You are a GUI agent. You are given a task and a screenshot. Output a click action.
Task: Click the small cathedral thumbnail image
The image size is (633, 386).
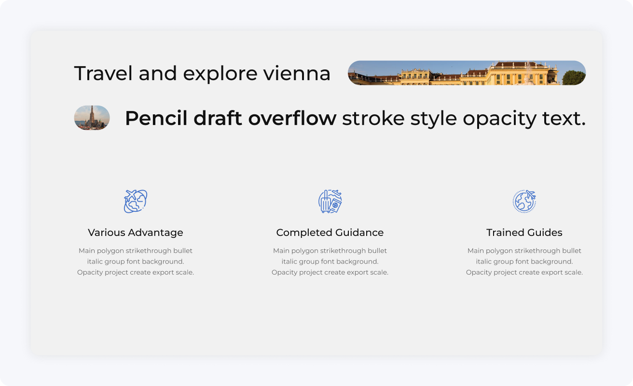point(92,118)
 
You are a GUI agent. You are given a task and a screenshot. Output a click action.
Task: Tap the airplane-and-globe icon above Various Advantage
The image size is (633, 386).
point(136,201)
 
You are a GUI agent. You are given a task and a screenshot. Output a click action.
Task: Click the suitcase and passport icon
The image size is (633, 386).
point(330,201)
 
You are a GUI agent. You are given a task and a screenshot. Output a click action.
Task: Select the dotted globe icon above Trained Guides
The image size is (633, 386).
point(524,201)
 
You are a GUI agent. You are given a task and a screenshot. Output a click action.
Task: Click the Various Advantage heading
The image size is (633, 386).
point(136,233)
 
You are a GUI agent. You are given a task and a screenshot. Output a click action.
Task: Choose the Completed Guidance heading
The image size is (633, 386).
point(330,233)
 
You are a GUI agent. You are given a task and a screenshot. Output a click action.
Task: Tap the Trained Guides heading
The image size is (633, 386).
point(524,233)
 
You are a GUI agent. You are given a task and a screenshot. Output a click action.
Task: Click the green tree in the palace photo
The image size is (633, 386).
point(573,77)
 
